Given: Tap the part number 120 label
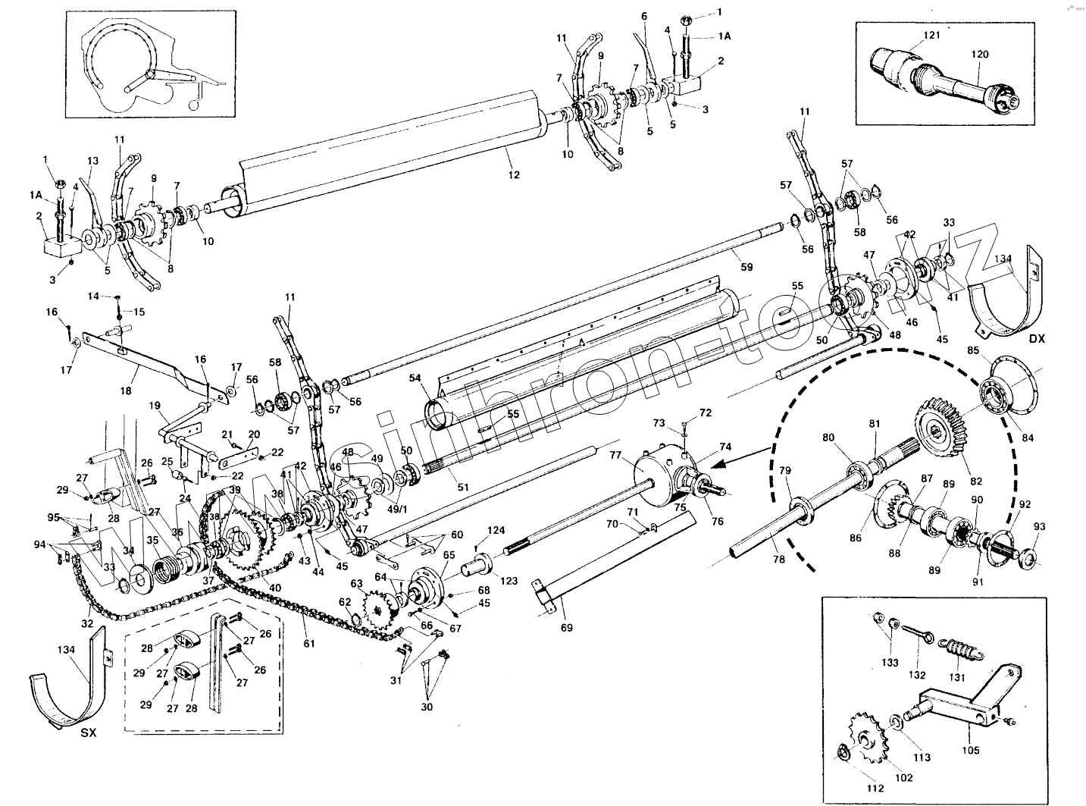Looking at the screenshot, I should [980, 55].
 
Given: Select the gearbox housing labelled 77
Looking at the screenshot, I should [655, 477].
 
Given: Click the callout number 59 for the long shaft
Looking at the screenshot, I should [747, 267].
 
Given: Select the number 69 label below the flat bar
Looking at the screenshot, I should [567, 627].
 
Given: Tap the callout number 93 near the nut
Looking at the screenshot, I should [1039, 526].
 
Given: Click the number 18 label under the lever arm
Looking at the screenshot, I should [126, 391].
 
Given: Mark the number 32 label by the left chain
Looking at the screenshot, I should [88, 623].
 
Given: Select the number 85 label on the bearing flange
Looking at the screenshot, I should [973, 350].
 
